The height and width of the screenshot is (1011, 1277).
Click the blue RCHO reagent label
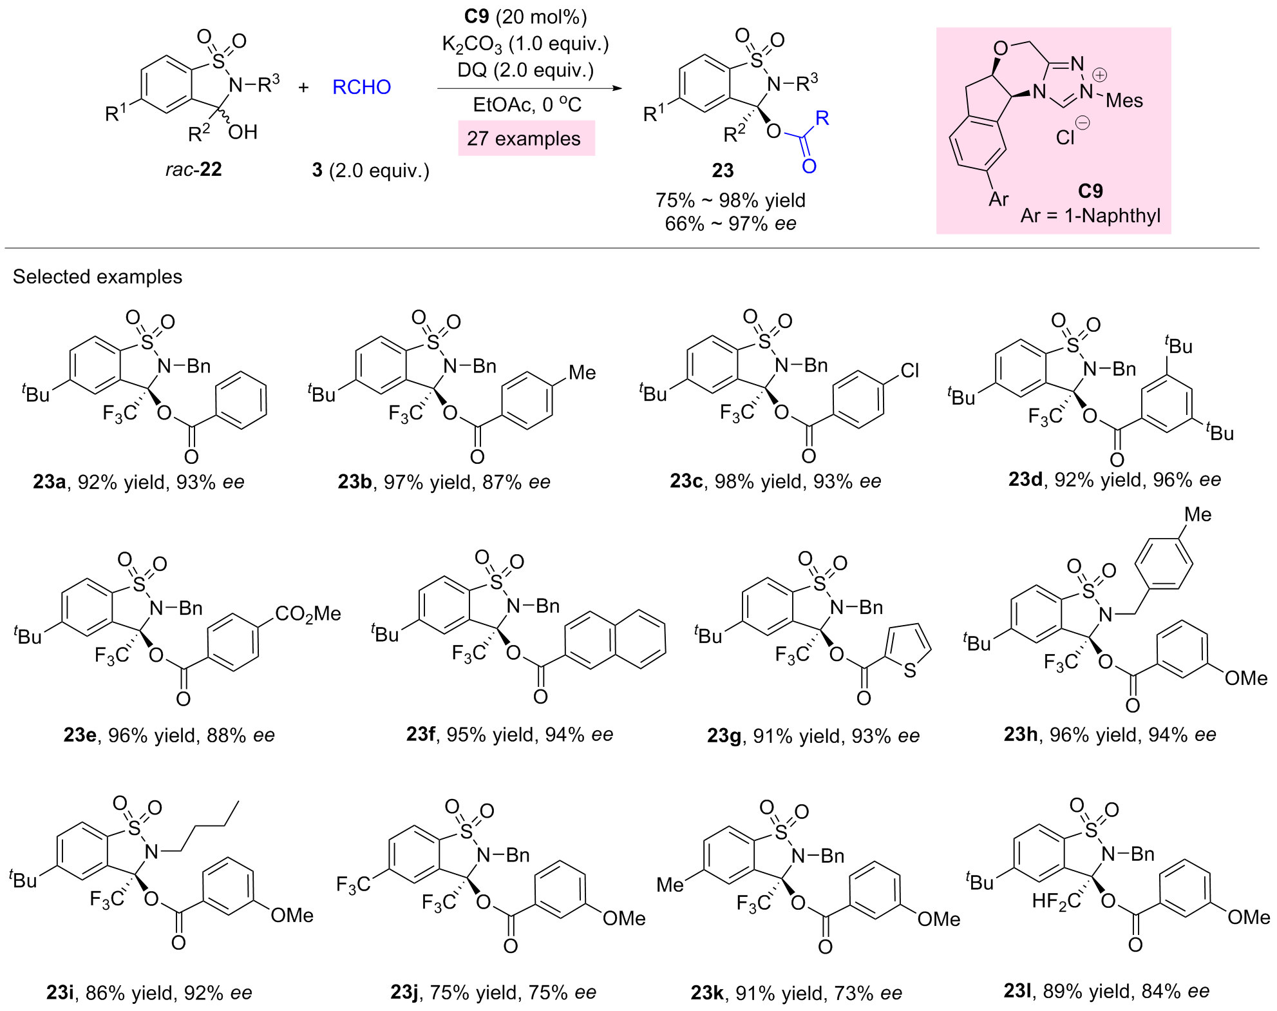[x=361, y=87]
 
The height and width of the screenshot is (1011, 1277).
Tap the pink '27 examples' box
[x=525, y=139]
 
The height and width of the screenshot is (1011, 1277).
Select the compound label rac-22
[x=194, y=169]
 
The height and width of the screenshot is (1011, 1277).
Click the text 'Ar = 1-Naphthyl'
[x=1090, y=215]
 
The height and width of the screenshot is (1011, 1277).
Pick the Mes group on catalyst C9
[x=1124, y=101]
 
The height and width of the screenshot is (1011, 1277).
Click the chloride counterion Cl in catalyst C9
[x=1065, y=137]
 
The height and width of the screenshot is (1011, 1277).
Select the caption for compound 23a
[x=139, y=482]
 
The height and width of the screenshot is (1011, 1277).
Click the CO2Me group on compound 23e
[x=308, y=613]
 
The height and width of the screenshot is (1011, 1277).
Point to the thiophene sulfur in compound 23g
[x=909, y=671]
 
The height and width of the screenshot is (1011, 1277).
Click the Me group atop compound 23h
[x=1197, y=514]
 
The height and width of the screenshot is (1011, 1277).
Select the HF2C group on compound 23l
[x=1056, y=900]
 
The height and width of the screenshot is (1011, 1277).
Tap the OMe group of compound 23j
[x=623, y=918]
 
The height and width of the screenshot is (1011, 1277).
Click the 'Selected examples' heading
[x=97, y=276]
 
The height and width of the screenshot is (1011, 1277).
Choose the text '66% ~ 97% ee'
[x=730, y=224]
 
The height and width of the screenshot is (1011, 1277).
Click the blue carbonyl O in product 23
[x=809, y=166]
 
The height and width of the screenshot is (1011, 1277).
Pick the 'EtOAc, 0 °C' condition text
[x=527, y=105]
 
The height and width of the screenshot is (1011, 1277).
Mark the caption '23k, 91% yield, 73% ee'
[x=796, y=993]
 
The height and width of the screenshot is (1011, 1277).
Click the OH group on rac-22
[x=243, y=132]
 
